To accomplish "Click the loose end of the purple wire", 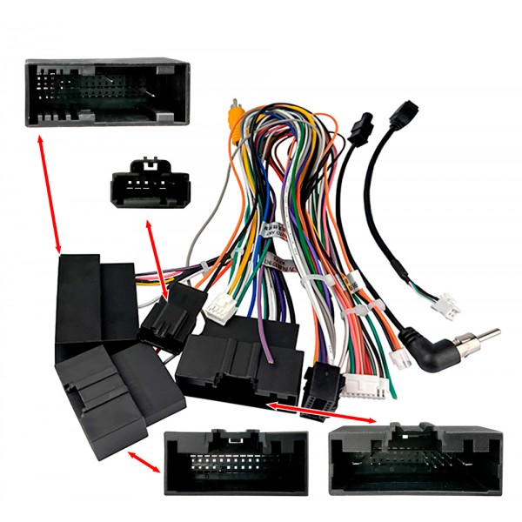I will click(273, 355).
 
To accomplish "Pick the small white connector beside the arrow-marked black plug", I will click(214, 305).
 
